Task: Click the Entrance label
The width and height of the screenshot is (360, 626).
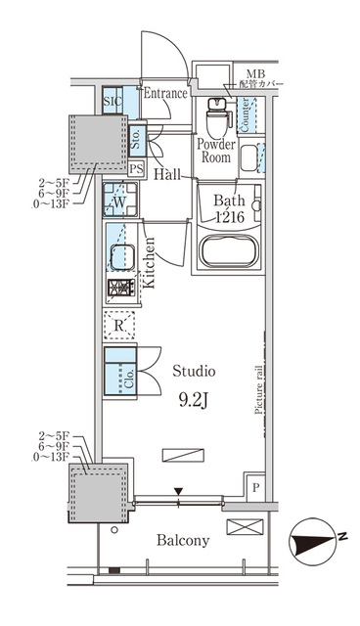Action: [165, 95]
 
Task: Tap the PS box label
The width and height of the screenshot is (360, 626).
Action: [136, 169]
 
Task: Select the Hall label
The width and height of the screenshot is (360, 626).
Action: [165, 175]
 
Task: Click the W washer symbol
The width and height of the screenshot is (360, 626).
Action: [119, 203]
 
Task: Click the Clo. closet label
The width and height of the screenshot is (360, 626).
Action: [129, 377]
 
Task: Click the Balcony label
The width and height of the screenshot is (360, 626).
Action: [182, 540]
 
